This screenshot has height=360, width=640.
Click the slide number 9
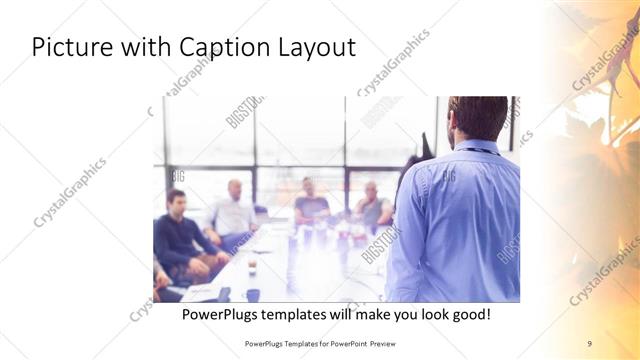(x=589, y=343)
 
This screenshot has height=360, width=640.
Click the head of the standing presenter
(x=479, y=118)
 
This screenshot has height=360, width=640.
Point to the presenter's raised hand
(x=427, y=146)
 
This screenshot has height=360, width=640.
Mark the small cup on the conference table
(x=251, y=267)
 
